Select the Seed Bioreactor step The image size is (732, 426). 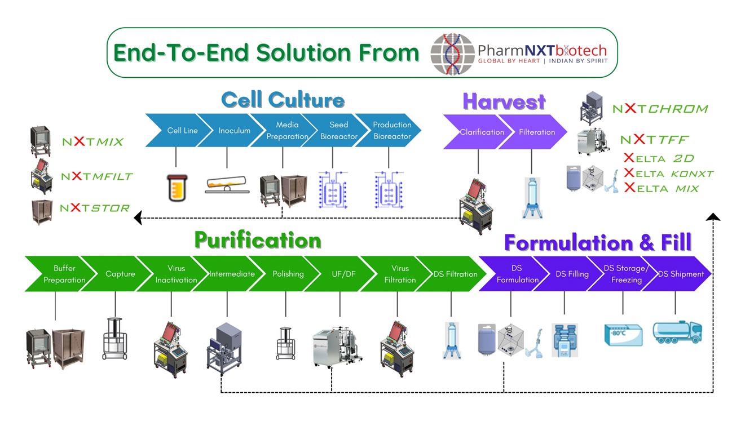(337, 130)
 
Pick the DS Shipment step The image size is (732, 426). (680, 273)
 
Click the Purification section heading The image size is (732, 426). (258, 240)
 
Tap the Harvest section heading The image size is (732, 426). (504, 101)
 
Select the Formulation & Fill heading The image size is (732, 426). (598, 242)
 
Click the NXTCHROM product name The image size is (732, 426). (660, 108)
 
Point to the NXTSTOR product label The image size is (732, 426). (95, 207)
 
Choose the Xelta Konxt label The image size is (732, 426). (668, 174)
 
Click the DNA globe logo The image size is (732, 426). (452, 54)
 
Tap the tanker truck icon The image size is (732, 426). (677, 332)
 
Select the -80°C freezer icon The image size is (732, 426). (623, 335)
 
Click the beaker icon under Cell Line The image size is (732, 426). (177, 188)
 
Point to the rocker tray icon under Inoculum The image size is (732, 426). (227, 184)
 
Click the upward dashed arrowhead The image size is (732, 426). (713, 217)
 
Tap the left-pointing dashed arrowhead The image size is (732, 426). (138, 218)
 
